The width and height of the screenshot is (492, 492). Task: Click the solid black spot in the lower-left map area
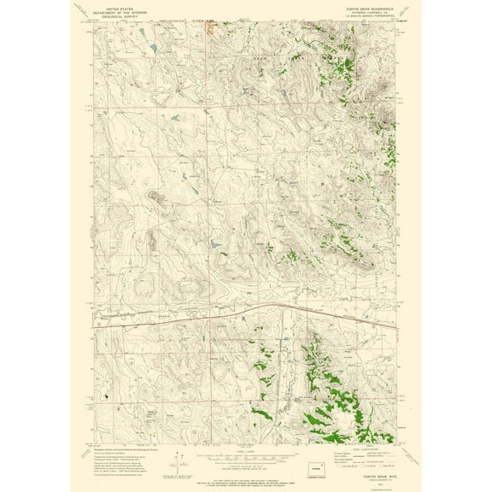pos(105,395)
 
